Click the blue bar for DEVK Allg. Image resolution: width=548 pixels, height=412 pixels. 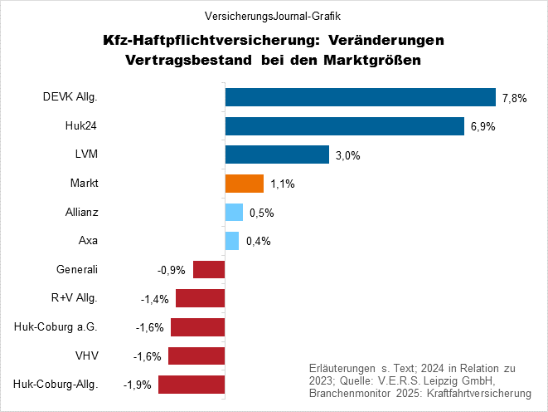click(360, 97)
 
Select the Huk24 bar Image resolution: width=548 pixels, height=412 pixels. click(344, 126)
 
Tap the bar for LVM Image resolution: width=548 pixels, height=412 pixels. click(277, 154)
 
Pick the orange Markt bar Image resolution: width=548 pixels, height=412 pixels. click(245, 184)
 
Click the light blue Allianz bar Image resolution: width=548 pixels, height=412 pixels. click(234, 213)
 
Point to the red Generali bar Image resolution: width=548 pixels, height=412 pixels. click(209, 270)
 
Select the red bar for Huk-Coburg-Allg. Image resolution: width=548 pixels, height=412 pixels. click(192, 385)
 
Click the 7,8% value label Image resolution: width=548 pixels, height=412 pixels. click(515, 98)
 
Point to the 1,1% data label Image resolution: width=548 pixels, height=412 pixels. click(283, 184)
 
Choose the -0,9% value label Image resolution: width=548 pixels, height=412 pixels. click(171, 271)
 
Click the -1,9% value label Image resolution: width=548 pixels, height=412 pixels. click(137, 385)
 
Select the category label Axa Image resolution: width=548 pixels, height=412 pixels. click(88, 241)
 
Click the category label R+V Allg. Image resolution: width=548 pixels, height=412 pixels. click(75, 298)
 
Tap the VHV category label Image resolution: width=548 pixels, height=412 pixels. click(87, 356)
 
